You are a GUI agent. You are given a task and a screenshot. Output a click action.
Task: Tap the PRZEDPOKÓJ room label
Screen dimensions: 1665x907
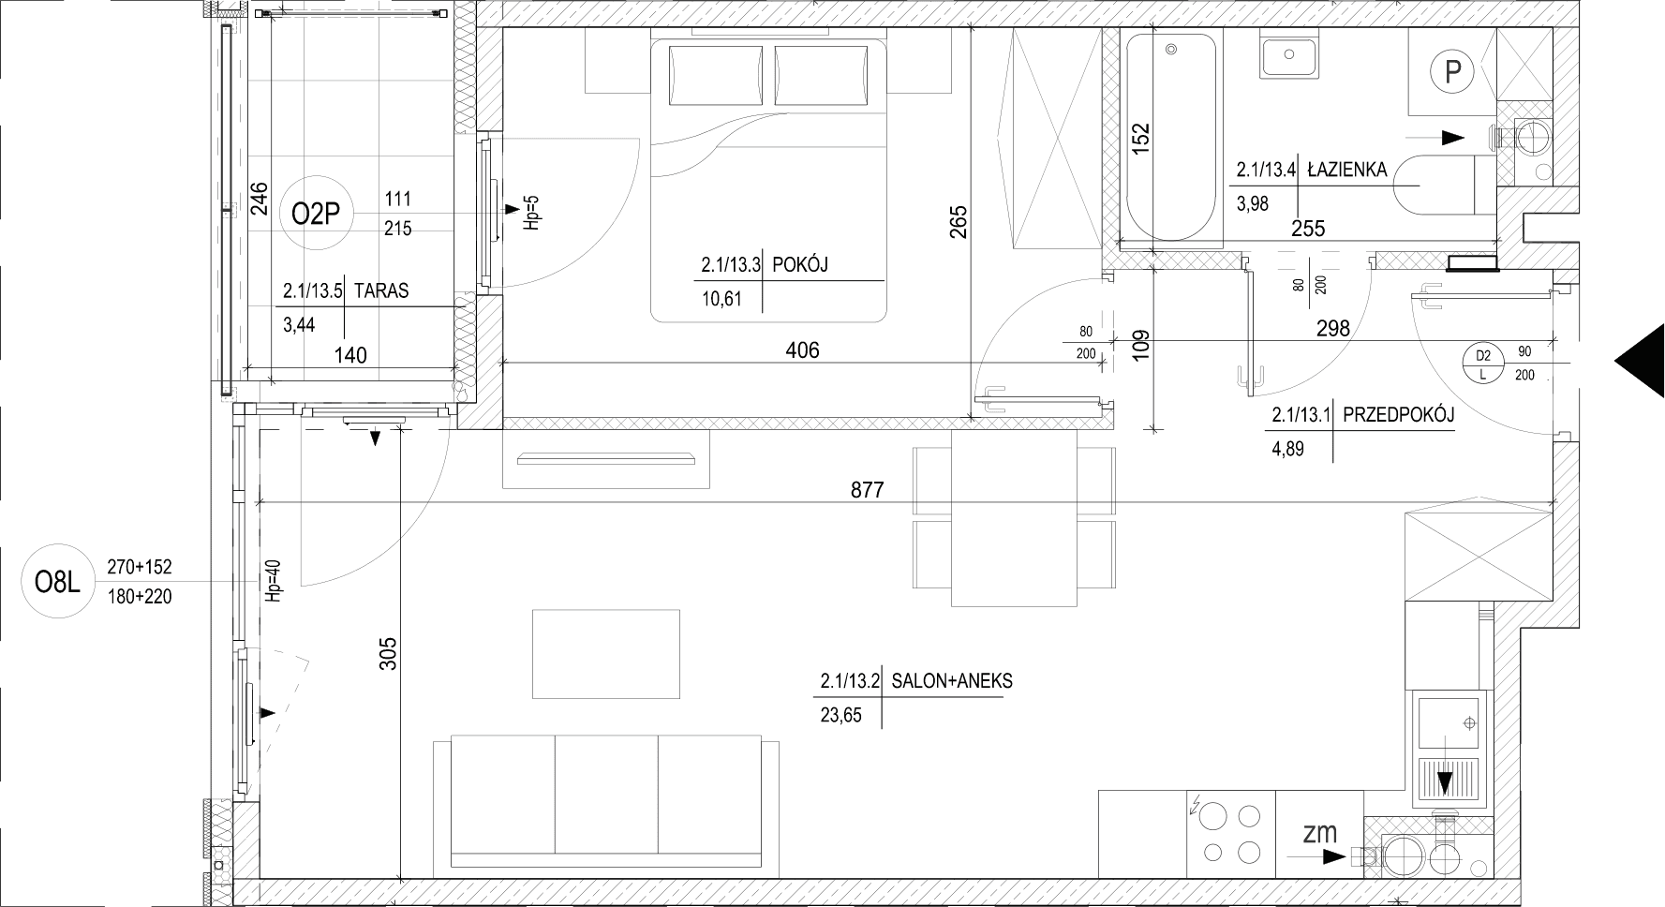[1398, 414]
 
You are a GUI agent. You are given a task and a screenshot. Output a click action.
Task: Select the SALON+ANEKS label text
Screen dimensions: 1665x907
[952, 681]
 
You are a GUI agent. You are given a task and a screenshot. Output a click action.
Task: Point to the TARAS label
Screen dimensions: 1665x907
[381, 290]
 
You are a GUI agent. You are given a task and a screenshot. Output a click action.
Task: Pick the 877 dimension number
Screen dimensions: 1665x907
[867, 489]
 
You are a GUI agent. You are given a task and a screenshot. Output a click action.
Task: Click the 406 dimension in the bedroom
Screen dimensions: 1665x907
[802, 350]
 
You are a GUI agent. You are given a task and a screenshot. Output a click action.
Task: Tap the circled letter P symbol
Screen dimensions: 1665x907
[1453, 71]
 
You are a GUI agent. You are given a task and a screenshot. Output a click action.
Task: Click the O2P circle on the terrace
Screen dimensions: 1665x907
[315, 215]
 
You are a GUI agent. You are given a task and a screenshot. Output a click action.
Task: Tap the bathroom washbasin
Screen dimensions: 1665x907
[1290, 55]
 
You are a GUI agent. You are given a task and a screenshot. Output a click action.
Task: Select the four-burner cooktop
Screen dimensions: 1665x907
[1232, 833]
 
